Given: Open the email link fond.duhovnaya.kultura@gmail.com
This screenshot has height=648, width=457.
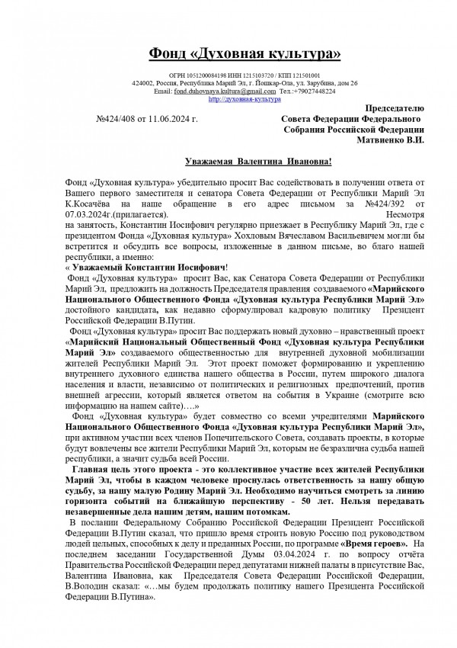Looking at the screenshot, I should (225, 91).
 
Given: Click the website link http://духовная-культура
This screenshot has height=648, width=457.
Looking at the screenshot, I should (244, 99).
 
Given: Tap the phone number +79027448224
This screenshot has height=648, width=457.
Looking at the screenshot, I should (319, 91).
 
